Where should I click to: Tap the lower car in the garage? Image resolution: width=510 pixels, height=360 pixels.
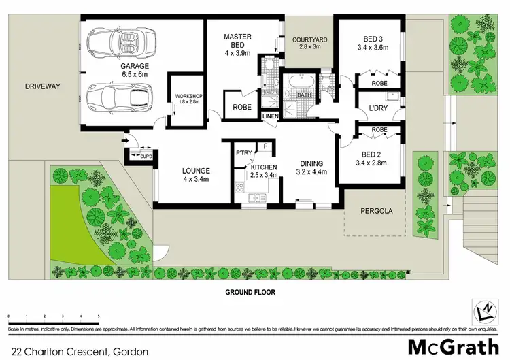(x=120, y=97)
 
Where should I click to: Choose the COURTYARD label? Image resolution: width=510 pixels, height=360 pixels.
(x=309, y=40)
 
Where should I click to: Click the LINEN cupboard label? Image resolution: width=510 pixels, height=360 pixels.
(x=271, y=116)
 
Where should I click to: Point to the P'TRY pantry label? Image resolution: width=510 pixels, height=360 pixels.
(x=243, y=153)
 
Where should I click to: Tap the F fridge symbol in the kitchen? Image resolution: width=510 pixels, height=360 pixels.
(x=266, y=146)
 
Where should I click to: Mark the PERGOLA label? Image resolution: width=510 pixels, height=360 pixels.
(x=375, y=211)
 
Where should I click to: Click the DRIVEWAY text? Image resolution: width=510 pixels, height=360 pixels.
(x=43, y=87)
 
